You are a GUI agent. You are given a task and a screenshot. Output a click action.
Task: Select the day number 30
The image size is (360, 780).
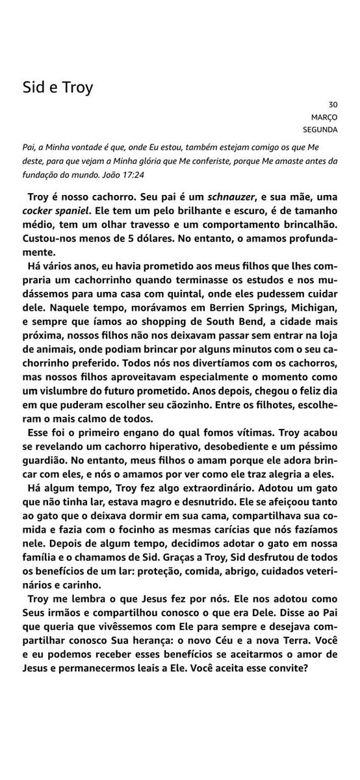[333, 104]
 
